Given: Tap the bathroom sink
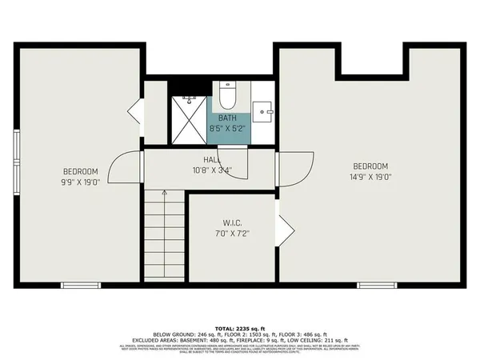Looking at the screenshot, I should pos(261,110).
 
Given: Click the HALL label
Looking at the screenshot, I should pos(212,160).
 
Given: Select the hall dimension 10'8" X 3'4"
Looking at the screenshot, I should pos(212,170).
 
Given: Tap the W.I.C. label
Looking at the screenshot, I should pos(234,223).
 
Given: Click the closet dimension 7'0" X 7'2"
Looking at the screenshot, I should pos(234,233).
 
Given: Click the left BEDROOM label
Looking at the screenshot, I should pos(81,172).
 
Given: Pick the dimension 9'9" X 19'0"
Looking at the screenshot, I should pos(81,182).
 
